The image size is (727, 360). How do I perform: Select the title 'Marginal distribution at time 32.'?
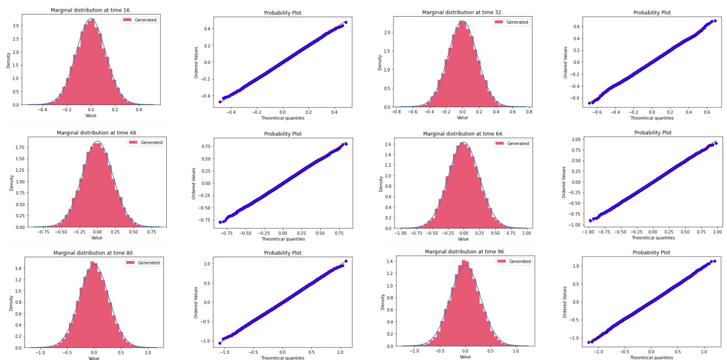pos(462,12)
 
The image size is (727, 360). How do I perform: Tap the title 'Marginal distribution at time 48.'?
pos(97,133)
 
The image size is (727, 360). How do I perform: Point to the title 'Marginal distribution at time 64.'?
pos(463,133)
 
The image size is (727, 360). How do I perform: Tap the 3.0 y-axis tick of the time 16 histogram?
pos(17,26)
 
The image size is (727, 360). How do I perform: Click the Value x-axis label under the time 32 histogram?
pos(462,118)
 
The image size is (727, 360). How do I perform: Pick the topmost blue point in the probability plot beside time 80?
pos(345,261)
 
